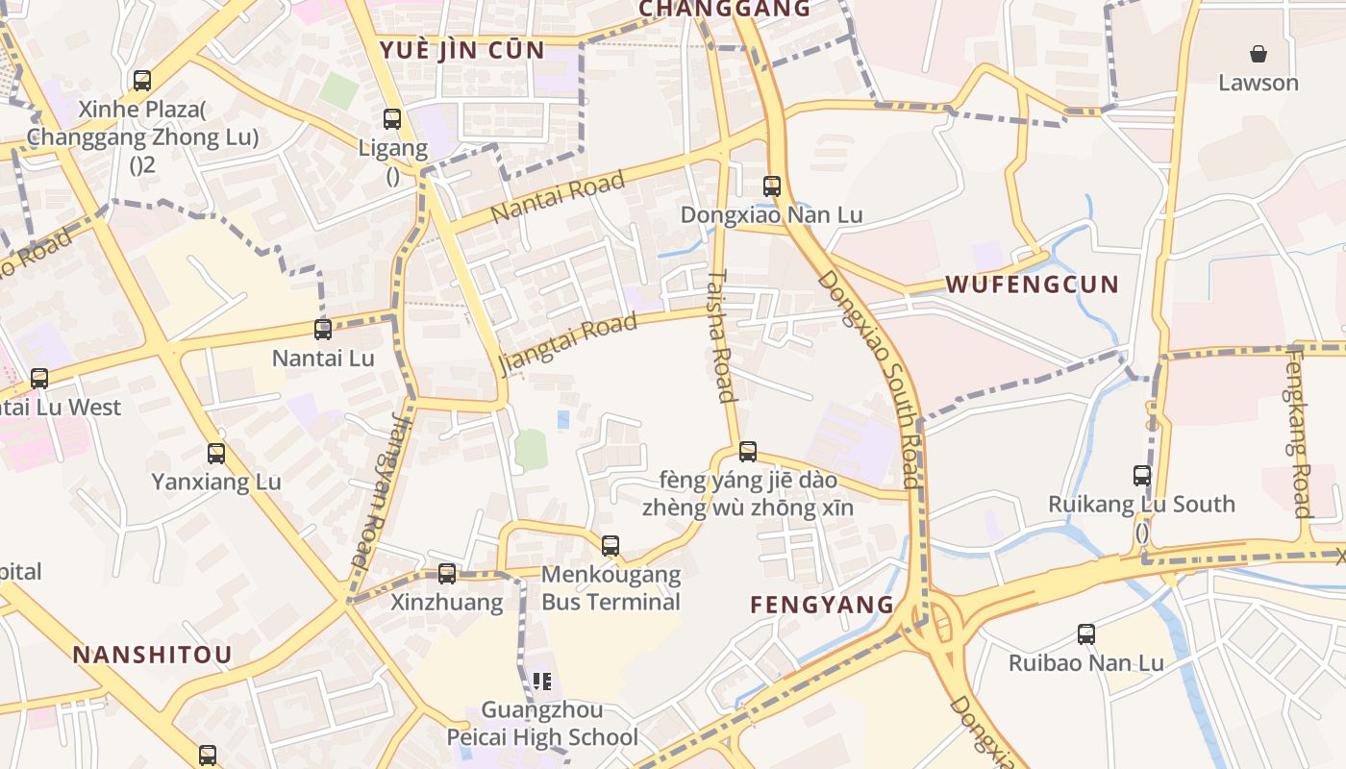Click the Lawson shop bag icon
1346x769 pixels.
[1258, 54]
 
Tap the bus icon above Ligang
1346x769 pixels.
[392, 119]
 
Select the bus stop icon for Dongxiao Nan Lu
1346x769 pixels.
[772, 186]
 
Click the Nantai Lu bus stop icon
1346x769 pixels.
[323, 330]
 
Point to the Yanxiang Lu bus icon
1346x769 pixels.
[216, 453]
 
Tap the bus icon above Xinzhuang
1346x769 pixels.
[447, 574]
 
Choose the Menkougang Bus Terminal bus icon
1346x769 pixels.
[611, 546]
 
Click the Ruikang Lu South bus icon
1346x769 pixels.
[1142, 475]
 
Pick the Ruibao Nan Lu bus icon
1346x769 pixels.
[1086, 634]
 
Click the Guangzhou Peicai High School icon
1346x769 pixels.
[542, 682]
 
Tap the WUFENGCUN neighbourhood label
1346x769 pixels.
[1033, 285]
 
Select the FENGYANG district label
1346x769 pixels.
[822, 605]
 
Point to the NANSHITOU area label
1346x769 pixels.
[152, 655]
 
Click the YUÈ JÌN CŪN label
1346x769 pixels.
[462, 50]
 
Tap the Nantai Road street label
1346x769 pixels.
[558, 196]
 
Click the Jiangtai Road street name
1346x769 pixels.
[567, 344]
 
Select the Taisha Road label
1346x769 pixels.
[720, 336]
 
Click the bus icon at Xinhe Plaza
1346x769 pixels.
[142, 81]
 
